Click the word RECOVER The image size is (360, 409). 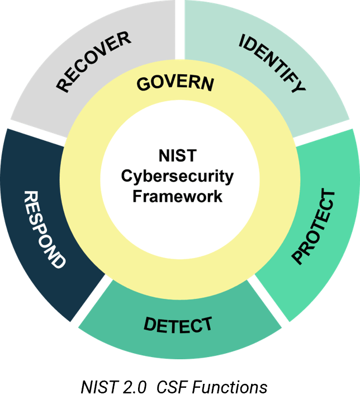[x=93, y=61]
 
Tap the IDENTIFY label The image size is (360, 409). [x=273, y=64]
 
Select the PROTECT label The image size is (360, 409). [x=314, y=227]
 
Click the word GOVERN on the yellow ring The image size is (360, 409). [x=175, y=83]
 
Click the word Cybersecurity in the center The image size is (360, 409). [x=178, y=177]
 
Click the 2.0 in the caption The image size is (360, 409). [x=134, y=387]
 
